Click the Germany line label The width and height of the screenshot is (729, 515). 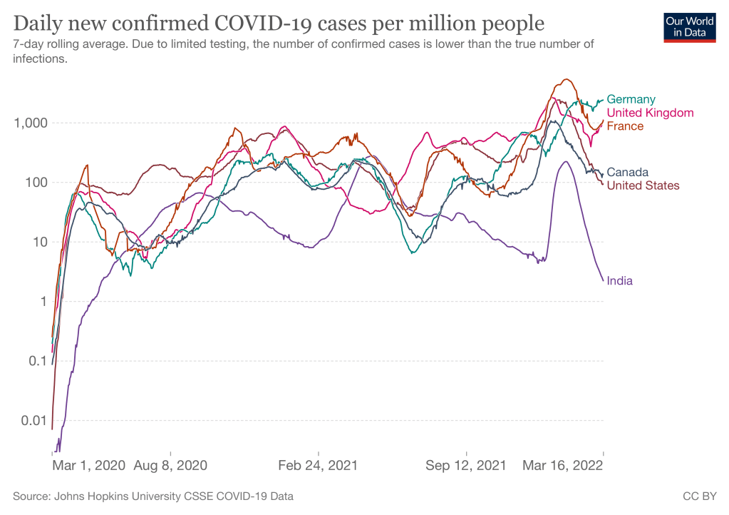pyautogui.click(x=631, y=99)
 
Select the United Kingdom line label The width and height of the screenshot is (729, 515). pyautogui.click(x=649, y=113)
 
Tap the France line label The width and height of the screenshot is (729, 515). pyautogui.click(x=624, y=126)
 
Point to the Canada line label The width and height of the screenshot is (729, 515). pyautogui.click(x=627, y=172)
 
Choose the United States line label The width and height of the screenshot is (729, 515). pyautogui.click(x=643, y=185)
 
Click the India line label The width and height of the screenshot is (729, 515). pyautogui.click(x=619, y=280)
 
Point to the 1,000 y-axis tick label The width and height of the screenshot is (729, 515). pyautogui.click(x=31, y=123)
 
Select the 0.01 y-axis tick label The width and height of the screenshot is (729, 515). pyautogui.click(x=33, y=420)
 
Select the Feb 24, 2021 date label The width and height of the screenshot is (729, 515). pyautogui.click(x=318, y=466)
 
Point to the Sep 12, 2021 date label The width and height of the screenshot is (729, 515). pyautogui.click(x=465, y=466)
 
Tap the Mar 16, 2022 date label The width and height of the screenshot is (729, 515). pyautogui.click(x=562, y=466)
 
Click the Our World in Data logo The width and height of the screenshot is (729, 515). pyautogui.click(x=689, y=27)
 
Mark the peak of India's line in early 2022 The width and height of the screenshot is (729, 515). pyautogui.click(x=565, y=161)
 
